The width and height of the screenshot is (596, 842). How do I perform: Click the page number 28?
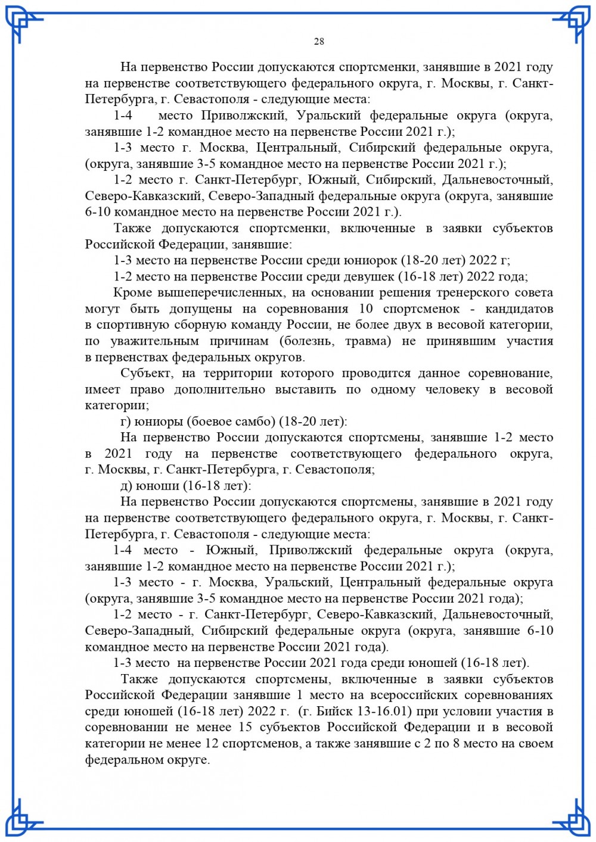click(319, 41)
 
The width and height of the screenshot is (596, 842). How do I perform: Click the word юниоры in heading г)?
click(159, 422)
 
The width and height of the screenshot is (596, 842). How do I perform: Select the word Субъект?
click(147, 373)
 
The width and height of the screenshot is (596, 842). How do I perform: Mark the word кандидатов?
click(519, 309)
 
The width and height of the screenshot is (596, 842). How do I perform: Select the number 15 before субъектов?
click(245, 727)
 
